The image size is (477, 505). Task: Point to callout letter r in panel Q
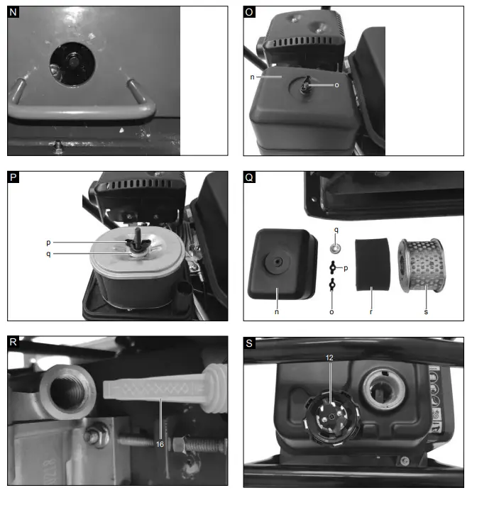click(372, 309)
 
